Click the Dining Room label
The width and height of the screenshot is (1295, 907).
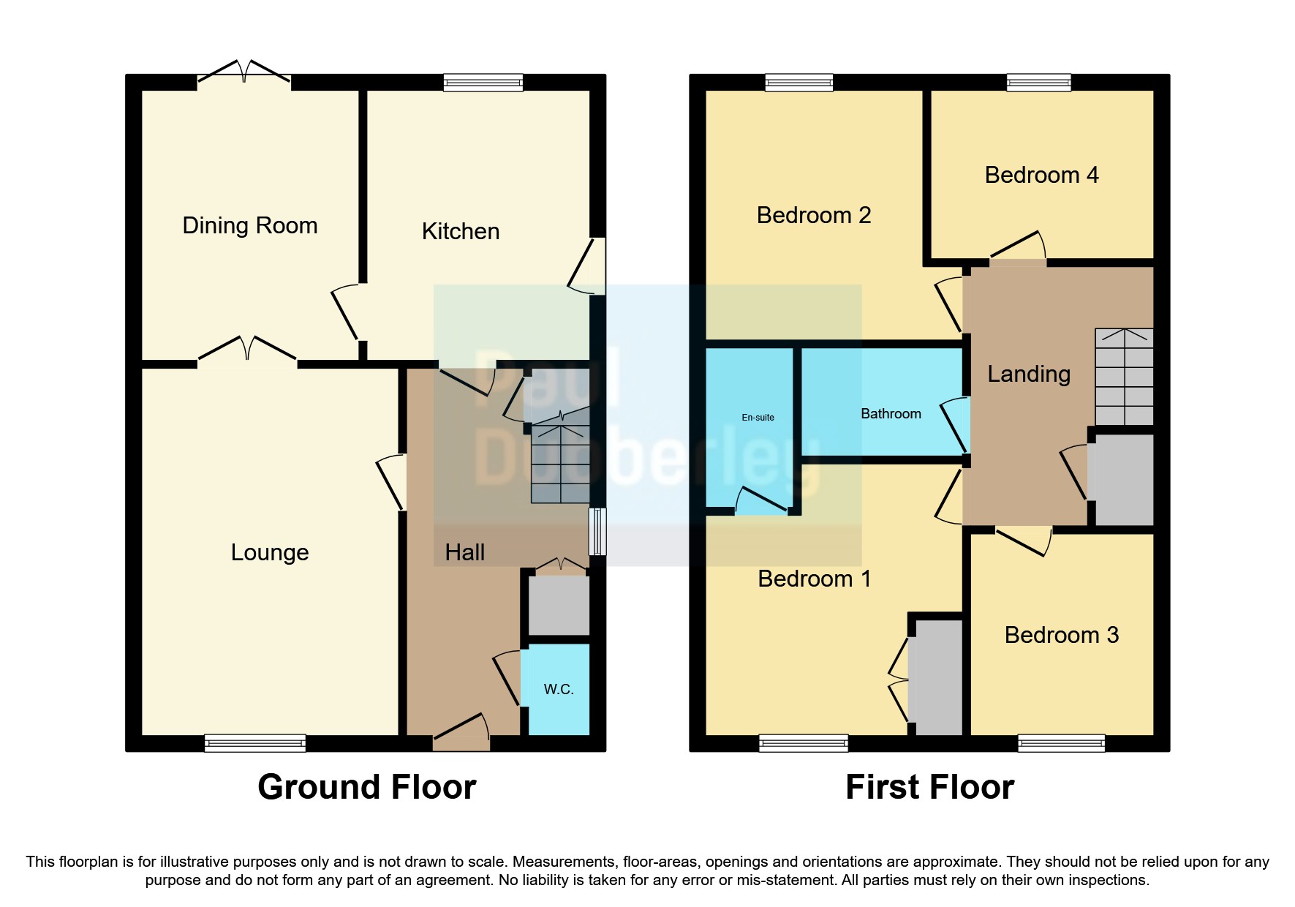tap(250, 225)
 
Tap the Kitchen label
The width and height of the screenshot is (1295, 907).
tap(461, 231)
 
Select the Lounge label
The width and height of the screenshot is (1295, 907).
tap(270, 552)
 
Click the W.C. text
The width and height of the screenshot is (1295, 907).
tap(559, 689)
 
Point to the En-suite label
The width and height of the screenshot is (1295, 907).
tap(758, 418)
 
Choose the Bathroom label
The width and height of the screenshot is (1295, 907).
tap(891, 413)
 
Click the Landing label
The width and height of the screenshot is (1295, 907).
tap(1029, 374)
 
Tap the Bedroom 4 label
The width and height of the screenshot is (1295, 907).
tap(1041, 175)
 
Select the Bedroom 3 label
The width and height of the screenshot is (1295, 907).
tap(1062, 635)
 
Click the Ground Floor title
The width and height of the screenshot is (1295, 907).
tap(367, 787)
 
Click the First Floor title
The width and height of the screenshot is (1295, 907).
tap(930, 787)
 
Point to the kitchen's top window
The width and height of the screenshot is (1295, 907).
tap(483, 82)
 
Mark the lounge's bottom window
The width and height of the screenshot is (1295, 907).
tap(255, 743)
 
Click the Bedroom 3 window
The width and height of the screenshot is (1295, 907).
tap(1062, 743)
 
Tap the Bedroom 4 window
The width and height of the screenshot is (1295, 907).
tap(1039, 82)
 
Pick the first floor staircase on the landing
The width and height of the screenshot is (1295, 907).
tap(1124, 377)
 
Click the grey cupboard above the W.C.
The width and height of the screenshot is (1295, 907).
tap(559, 606)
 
